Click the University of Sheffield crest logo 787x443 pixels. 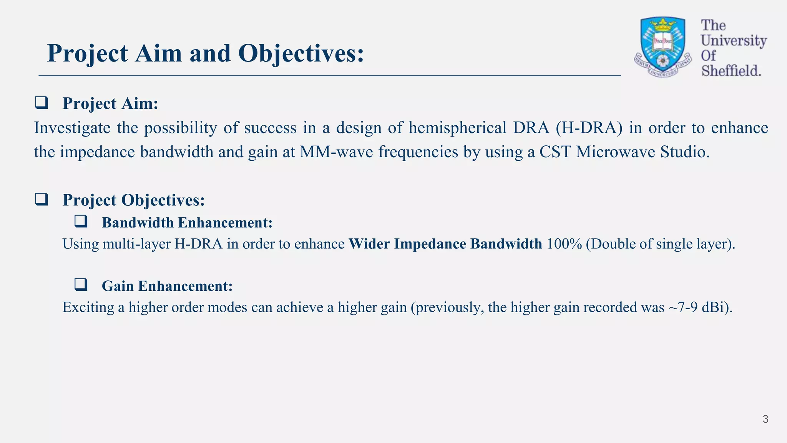coord(663,47)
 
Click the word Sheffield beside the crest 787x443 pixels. coord(731,71)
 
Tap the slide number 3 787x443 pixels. coord(765,419)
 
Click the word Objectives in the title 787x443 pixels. coord(301,53)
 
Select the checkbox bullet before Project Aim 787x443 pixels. coord(42,103)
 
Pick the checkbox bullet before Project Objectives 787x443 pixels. coord(42,200)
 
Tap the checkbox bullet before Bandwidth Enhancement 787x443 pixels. coord(81,222)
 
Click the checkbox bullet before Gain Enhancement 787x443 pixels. coord(81,285)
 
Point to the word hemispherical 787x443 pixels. coord(457,128)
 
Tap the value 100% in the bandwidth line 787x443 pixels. coord(564,244)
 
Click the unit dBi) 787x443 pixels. coord(717,307)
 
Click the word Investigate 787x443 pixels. coord(72,128)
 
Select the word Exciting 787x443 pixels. coord(88,307)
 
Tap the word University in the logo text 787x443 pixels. coord(733,40)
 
